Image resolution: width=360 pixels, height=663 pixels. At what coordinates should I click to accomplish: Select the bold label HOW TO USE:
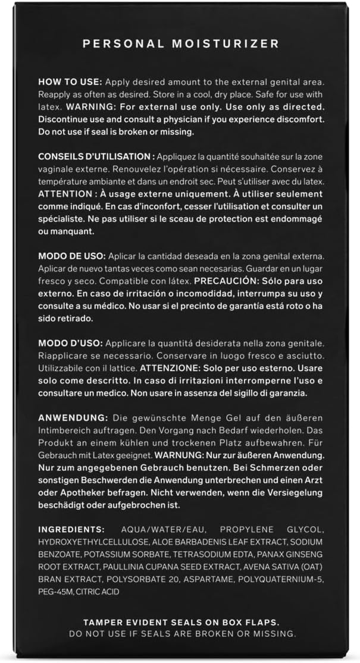(70, 81)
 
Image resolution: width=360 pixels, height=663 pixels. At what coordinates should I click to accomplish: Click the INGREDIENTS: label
(71, 529)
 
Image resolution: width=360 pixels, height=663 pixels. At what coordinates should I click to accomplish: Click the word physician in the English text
(190, 120)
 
